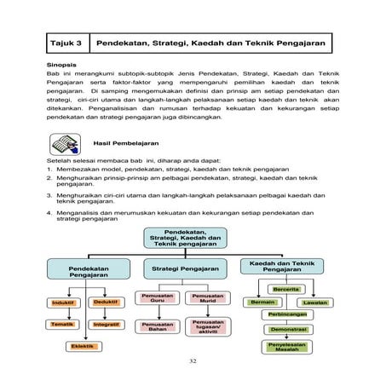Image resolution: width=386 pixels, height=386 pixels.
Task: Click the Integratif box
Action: click(105, 325)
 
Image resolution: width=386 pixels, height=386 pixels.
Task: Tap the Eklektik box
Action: click(83, 346)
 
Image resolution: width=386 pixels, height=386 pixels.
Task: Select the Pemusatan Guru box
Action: click(158, 298)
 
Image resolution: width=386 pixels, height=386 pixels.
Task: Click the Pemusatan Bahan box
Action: click(158, 326)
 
